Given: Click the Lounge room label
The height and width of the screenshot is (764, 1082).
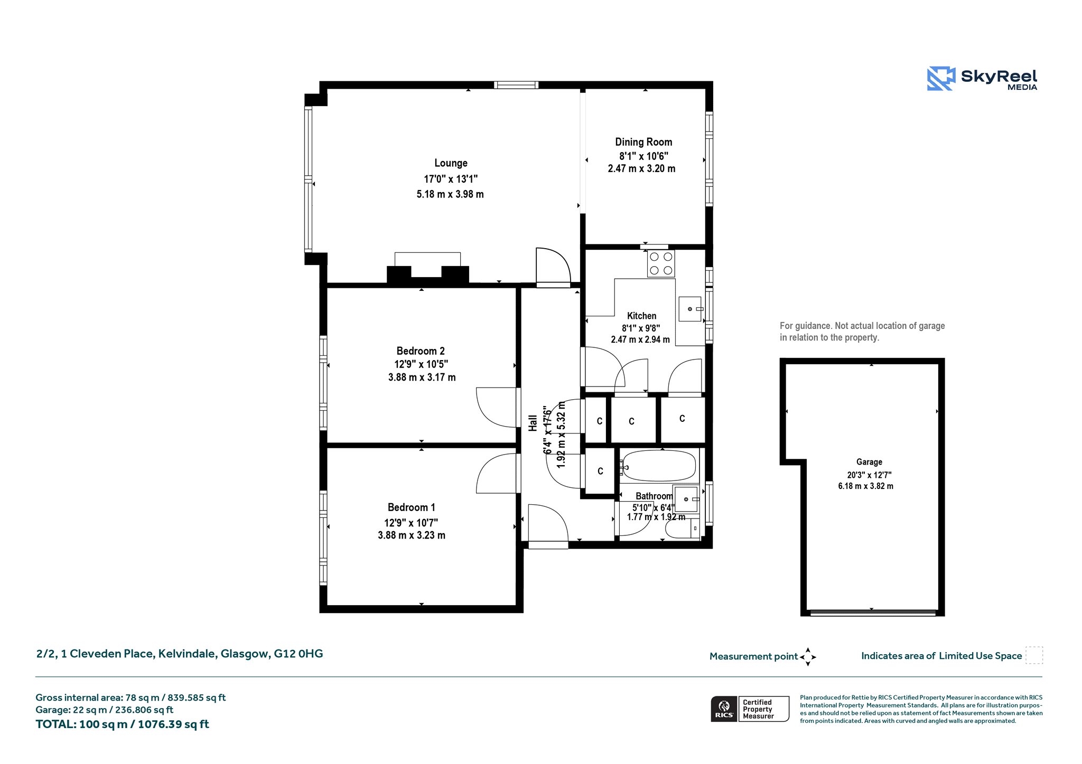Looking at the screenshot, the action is pos(451,163).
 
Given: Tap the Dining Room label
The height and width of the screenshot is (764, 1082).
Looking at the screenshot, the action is pos(643,142).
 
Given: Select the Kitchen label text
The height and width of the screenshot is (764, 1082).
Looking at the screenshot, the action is pos(641,316).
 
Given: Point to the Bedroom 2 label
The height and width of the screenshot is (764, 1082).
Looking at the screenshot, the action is pos(421,351).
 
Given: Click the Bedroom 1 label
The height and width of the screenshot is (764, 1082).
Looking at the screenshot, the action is pos(412,507).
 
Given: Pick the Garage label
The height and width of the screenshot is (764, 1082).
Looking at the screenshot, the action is pos(869,462).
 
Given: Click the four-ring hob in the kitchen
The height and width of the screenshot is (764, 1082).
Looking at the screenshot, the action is pos(661,263).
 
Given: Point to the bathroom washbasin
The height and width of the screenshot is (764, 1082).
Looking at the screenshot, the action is pos(686,499).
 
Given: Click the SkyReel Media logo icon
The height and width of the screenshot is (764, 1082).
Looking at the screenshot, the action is pos(941,79).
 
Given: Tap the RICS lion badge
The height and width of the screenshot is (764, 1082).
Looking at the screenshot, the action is pos(724,708).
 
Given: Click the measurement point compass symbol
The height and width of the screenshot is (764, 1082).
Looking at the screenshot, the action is pos(808,657).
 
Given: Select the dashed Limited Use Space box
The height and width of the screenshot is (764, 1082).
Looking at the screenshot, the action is pos(1034,655).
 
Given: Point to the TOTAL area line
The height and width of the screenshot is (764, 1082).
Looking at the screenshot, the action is pos(122,724).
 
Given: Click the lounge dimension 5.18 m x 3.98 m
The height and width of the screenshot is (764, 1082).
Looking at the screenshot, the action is pos(450,194).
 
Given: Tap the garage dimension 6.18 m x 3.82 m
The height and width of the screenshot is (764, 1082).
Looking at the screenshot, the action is pos(865,486).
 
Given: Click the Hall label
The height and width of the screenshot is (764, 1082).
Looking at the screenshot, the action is pos(533,423).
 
